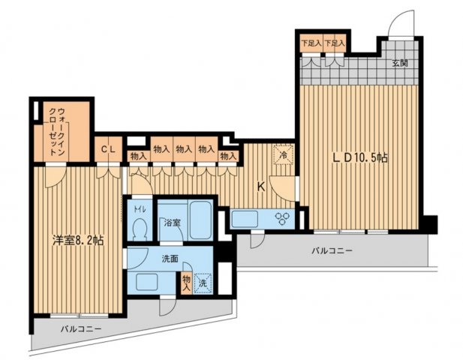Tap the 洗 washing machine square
pyautogui.click(x=203, y=283)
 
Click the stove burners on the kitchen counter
pyautogui.click(x=284, y=219)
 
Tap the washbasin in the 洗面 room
pyautogui.click(x=146, y=283)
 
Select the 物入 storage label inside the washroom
pyautogui.click(x=186, y=282)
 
